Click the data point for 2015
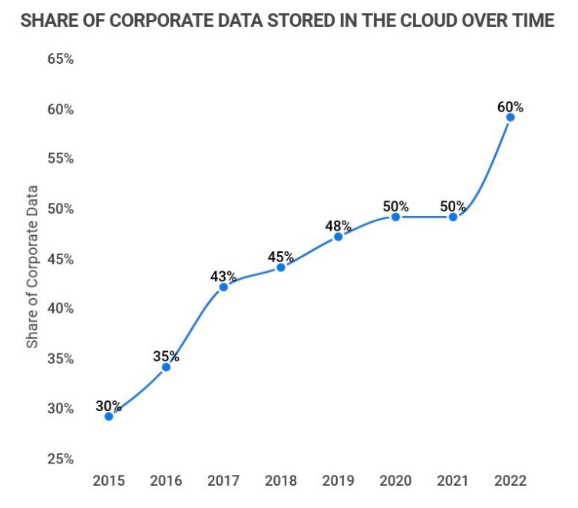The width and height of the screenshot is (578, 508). pos(109,417)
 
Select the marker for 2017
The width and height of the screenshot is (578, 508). pos(223,287)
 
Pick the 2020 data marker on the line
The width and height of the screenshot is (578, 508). pos(395,217)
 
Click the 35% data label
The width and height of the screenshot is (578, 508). pos(166,356)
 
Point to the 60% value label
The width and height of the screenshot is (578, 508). pos(510,107)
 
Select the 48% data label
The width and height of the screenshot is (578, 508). pos(338,226)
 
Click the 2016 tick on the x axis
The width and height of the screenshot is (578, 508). pos(166,481)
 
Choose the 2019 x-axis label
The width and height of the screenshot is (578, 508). pos(338,481)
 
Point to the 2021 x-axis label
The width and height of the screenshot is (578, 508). pos(453,481)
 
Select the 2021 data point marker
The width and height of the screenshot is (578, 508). pos(453,217)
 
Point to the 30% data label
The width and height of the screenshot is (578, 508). pos(109,406)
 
